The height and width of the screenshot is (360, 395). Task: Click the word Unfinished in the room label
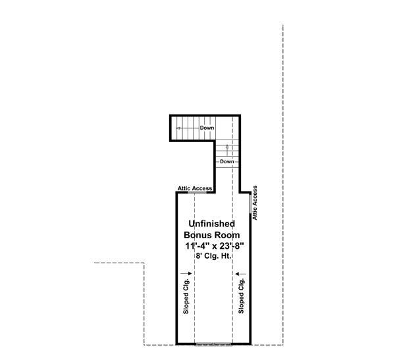211,224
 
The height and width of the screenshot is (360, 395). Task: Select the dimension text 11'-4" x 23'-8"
215,246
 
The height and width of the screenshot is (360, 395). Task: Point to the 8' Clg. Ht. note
213,256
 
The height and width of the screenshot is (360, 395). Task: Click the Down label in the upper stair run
207,128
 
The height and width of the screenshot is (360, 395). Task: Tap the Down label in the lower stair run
226,161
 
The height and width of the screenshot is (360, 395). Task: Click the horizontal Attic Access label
195,188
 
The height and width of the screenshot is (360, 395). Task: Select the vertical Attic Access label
255,203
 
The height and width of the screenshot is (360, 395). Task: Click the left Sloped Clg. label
186,296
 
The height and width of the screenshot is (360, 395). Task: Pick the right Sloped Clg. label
241,296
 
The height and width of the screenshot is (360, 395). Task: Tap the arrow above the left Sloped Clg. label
186,274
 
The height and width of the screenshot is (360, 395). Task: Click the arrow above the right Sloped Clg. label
240,274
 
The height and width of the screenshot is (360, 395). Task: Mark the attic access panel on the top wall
197,192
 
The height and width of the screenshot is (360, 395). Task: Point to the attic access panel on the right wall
250,203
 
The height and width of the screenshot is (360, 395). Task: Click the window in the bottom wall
213,344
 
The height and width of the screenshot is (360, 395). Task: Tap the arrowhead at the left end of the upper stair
178,128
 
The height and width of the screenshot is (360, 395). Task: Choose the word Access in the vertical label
255,196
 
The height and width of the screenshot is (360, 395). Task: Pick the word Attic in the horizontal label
184,188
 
